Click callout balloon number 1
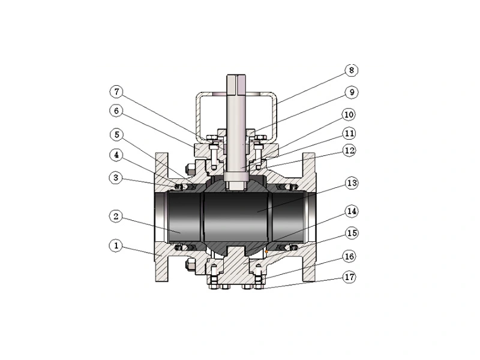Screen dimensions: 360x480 click(x=116, y=245)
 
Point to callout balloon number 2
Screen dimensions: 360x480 click(x=116, y=215)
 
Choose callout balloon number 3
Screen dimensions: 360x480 click(x=116, y=177)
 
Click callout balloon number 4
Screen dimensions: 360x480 click(x=116, y=155)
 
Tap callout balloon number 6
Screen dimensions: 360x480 click(x=116, y=112)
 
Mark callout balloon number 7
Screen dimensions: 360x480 click(x=116, y=92)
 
